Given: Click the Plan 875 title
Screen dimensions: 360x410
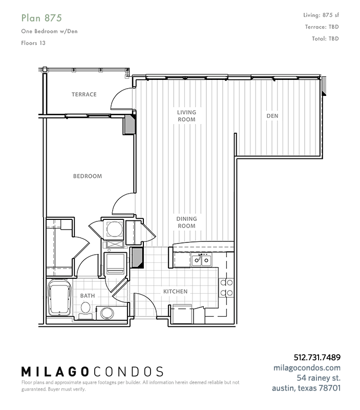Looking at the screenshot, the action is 41,18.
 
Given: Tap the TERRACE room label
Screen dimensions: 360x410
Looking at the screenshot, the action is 84,94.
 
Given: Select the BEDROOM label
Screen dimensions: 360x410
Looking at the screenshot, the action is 88,176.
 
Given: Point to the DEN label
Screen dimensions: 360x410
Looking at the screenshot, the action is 272,116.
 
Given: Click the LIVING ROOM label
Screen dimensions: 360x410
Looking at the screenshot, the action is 186,116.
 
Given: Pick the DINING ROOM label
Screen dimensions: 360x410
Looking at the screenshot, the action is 186,222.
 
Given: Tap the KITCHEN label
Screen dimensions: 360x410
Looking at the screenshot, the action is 175,291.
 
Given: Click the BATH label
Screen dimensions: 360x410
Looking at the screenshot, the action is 88,296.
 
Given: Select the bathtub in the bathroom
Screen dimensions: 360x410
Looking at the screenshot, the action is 59,298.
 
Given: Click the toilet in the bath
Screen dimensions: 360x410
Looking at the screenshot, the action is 86,311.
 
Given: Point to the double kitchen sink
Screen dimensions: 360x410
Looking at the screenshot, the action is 201,260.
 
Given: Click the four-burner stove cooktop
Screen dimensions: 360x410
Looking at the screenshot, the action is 226,288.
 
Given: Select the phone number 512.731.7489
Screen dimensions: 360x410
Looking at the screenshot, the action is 317,357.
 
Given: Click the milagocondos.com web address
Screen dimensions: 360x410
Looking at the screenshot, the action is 307,367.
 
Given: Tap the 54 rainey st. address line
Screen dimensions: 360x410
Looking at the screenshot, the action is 319,378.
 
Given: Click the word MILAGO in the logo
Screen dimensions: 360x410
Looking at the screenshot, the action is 55,372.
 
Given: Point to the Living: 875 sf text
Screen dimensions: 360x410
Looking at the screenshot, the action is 321,15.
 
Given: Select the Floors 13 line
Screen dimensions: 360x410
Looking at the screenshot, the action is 33,43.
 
